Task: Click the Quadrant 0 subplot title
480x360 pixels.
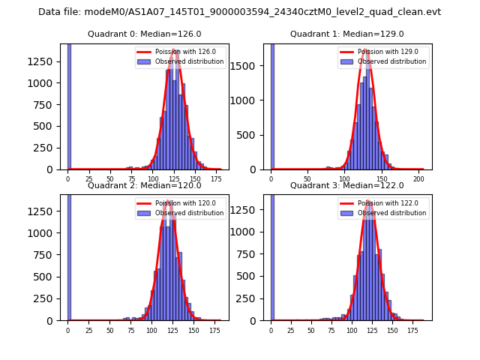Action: pos(145,34)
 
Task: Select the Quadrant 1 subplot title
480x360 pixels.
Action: pos(347,34)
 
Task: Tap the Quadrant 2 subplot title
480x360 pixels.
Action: pos(145,185)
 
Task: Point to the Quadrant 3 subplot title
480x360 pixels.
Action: pos(347,185)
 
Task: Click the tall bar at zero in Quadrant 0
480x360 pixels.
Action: pos(69,105)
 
